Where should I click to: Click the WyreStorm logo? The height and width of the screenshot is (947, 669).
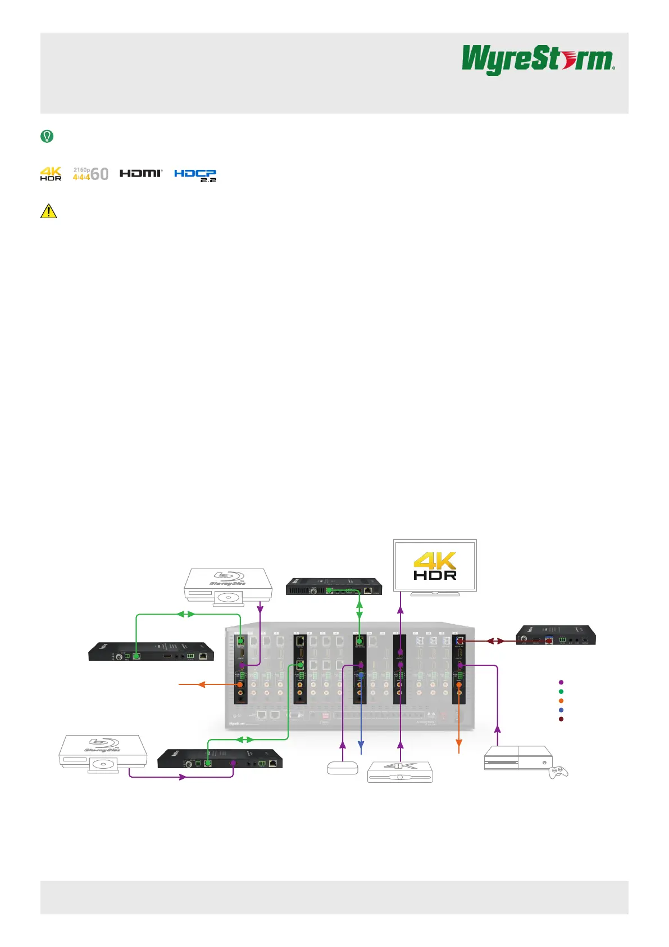tap(538, 60)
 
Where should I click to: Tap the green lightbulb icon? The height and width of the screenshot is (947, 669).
tap(47, 136)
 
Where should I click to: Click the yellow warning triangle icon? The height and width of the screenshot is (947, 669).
tap(49, 211)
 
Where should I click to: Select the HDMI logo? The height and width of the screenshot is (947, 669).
tap(141, 173)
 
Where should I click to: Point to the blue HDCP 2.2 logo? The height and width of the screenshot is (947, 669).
tap(195, 175)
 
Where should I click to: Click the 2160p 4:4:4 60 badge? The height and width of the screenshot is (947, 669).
tap(90, 174)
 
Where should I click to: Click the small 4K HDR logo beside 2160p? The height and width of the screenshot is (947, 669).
tap(51, 174)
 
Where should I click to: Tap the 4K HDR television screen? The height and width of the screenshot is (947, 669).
tap(435, 565)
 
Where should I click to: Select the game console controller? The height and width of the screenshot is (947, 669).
tap(558, 772)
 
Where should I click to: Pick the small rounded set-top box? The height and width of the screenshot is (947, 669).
tap(343, 768)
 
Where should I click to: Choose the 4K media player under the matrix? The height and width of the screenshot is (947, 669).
tap(400, 772)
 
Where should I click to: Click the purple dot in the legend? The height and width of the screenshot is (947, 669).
tap(561, 682)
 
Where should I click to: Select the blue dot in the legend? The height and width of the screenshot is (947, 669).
tap(561, 710)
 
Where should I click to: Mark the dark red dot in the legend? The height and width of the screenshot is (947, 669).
tap(561, 719)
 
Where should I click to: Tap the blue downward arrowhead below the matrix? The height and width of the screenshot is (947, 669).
tap(361, 750)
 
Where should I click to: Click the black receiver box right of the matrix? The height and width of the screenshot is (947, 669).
tap(556, 635)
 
